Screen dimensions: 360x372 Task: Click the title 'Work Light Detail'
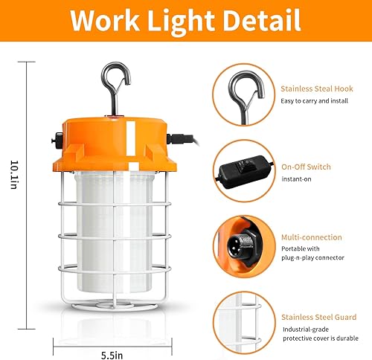(185, 22)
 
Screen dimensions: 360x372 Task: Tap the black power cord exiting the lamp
(185, 138)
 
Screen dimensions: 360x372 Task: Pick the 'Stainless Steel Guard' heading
(317, 315)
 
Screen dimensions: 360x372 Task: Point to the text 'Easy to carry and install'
(314, 101)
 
